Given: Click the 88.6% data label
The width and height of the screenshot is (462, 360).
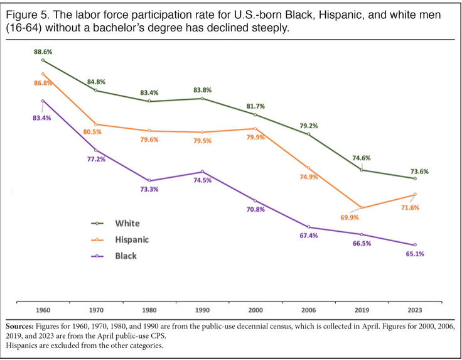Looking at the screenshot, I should tap(43, 52).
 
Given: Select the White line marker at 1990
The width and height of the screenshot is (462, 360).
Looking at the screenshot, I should tap(202, 99).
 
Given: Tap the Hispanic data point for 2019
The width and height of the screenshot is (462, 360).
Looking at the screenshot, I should tap(362, 207).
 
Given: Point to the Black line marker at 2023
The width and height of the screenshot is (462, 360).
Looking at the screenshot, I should tap(415, 245).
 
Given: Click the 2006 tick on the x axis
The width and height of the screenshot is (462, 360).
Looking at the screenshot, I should tap(308, 310).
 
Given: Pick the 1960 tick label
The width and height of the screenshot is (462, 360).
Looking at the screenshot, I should tap(43, 310).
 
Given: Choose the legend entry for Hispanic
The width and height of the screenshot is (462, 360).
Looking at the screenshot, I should tap(132, 239).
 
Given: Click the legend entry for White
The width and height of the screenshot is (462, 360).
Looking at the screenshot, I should tap(127, 223).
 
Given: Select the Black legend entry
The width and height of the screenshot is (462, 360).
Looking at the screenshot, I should tap(126, 256).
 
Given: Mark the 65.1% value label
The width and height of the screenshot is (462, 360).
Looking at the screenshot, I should tap(415, 255).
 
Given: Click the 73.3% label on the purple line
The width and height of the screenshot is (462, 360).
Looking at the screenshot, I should tap(149, 189).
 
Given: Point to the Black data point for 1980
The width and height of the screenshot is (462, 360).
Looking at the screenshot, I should tap(149, 181).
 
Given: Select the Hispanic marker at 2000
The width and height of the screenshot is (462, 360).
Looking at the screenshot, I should tap(255, 128).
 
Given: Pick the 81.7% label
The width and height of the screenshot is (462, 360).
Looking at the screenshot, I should tap(255, 106).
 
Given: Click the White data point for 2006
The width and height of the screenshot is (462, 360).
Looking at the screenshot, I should tap(308, 134).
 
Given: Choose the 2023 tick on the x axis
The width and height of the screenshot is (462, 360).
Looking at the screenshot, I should tap(415, 310).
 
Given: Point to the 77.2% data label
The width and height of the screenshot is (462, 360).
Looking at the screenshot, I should tap(96, 160).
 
